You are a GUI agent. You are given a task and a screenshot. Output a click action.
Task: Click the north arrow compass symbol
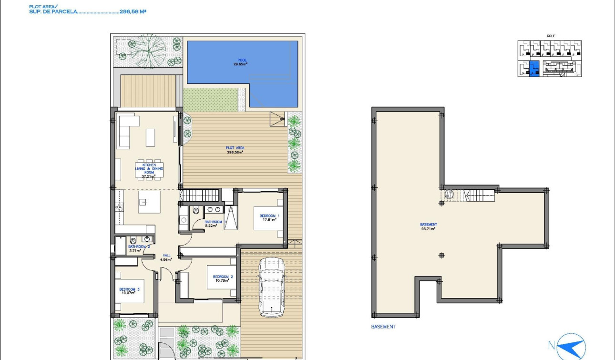pyautogui.click(x=570, y=345)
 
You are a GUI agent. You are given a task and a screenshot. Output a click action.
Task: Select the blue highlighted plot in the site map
pyautogui.click(x=534, y=69)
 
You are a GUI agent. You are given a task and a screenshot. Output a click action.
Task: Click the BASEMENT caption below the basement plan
pyautogui.click(x=383, y=327)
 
